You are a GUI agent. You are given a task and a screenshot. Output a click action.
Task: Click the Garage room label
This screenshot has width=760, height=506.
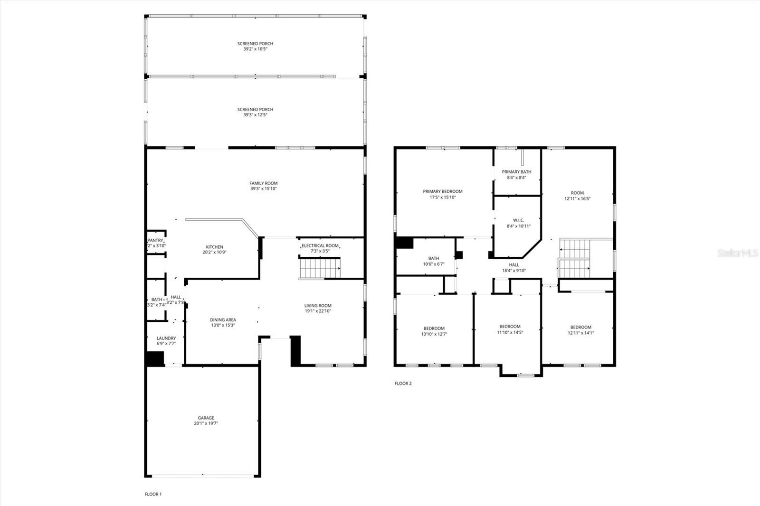click(206, 418)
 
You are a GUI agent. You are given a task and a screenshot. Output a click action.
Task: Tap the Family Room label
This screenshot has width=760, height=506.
click(263, 183)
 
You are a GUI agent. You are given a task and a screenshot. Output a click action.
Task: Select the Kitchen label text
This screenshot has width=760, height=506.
click(214, 247)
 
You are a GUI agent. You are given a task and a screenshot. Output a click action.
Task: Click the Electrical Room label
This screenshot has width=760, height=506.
click(320, 245)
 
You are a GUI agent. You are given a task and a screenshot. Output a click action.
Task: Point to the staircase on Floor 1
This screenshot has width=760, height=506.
click(320, 268)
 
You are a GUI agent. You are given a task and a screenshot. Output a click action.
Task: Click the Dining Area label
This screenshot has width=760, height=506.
click(223, 320)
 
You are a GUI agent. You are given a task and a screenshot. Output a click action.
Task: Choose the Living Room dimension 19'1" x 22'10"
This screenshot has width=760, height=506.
click(318, 311)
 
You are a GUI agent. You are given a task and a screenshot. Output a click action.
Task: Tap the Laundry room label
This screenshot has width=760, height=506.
click(166, 338)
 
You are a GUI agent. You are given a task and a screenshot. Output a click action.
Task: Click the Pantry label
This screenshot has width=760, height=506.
click(155, 240)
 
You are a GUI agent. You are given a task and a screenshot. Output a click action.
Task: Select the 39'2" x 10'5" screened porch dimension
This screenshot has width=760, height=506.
click(255, 49)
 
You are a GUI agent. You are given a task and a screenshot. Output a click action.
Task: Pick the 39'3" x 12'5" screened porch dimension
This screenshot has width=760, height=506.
click(255, 115)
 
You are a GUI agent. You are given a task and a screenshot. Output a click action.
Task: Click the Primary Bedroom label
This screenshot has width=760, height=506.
click(442, 191)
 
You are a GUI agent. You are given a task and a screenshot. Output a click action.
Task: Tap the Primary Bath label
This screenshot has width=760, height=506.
click(516, 172)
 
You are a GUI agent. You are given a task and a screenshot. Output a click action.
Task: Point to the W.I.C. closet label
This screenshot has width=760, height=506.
click(518, 220)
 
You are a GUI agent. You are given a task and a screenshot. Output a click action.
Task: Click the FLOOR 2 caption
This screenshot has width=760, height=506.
click(403, 384)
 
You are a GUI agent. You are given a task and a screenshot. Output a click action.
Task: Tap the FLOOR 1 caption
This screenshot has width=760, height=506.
click(153, 494)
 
